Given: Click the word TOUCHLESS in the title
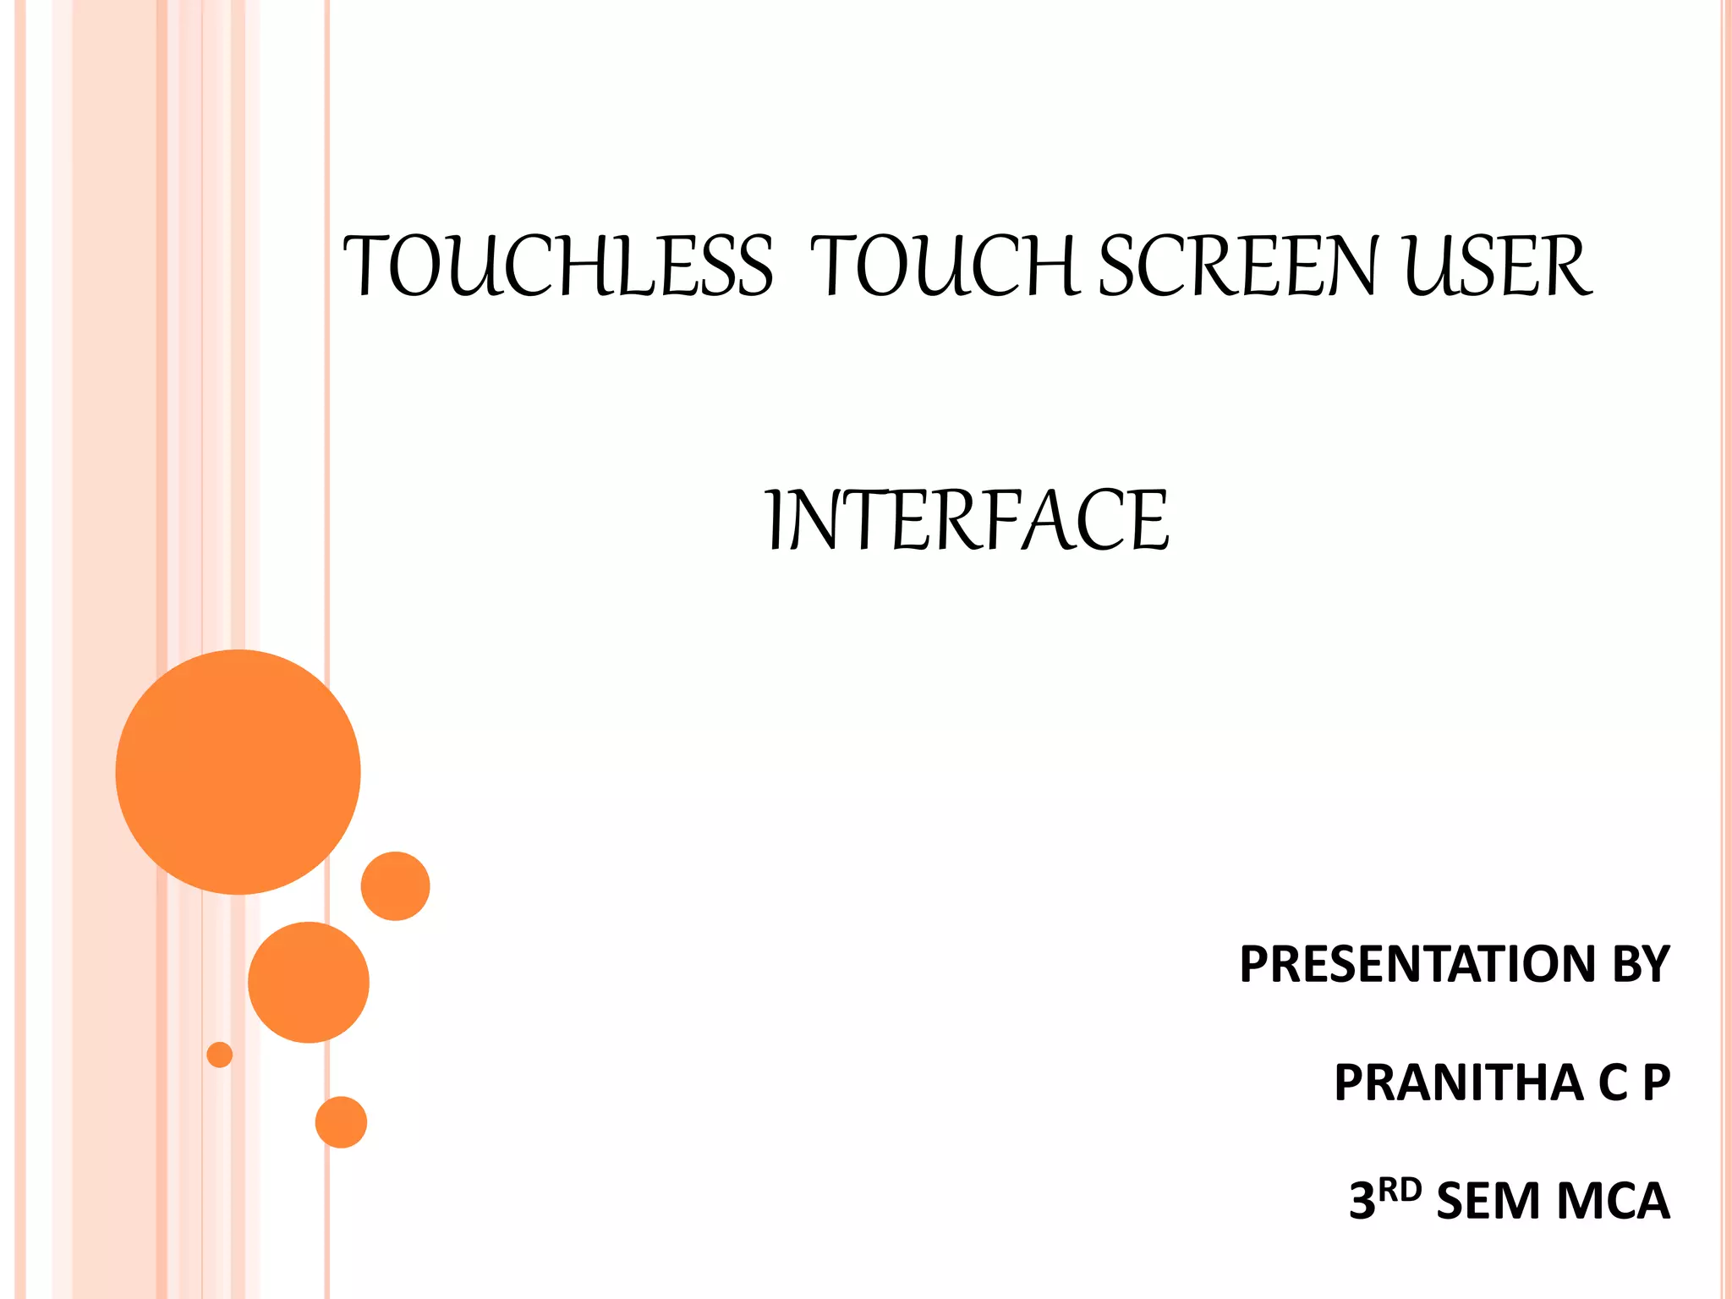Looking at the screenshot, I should point(558,266).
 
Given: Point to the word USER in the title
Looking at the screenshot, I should point(1497,266).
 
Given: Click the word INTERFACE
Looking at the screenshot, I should point(967,520).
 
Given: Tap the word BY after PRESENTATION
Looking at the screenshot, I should point(1641,964).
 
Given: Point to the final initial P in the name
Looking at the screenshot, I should point(1656,1082).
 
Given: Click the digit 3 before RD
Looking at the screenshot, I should point(1362,1202).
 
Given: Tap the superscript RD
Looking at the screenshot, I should point(1400,1191).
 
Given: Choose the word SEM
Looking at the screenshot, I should point(1488,1202).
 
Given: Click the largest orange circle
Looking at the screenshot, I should point(238,772).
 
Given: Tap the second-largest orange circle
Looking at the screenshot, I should point(309,982).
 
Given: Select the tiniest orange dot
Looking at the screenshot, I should point(220,1055).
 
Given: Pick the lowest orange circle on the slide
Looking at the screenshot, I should point(341,1122).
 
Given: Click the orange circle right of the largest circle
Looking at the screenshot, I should point(395,885).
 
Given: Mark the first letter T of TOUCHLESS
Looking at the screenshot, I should point(364,266).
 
